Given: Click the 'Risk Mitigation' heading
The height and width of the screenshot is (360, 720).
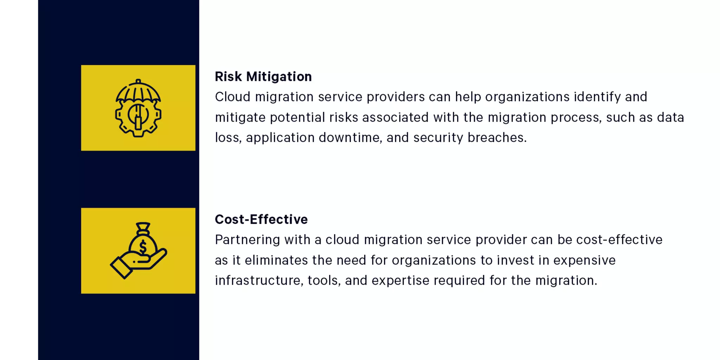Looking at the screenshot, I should pos(263,77).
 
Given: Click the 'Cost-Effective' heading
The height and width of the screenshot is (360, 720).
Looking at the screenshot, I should pos(261,219).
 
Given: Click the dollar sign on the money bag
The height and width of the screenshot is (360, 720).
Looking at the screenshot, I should pos(143,247).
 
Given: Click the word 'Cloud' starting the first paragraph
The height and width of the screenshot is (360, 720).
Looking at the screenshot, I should pos(232,97).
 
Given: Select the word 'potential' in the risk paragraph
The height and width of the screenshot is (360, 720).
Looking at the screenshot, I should pos(297,117).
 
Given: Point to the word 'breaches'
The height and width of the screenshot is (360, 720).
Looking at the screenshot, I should pos(497,138).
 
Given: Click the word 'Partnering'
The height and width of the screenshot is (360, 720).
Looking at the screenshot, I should pos(247,240).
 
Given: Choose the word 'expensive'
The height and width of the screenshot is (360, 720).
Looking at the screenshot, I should pos(584,261).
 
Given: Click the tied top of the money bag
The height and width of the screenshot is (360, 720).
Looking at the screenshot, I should pos(143,228).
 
